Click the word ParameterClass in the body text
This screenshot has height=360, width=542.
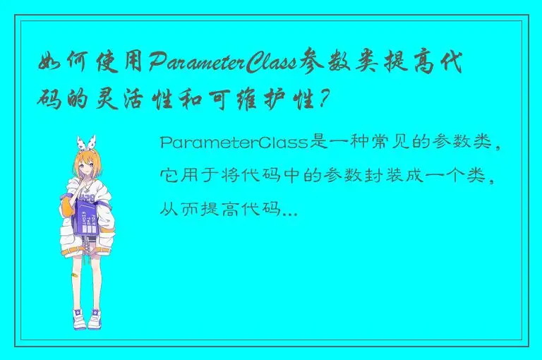point(234,143)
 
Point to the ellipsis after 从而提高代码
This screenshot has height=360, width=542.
point(289,210)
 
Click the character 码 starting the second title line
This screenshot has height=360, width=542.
point(52,97)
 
